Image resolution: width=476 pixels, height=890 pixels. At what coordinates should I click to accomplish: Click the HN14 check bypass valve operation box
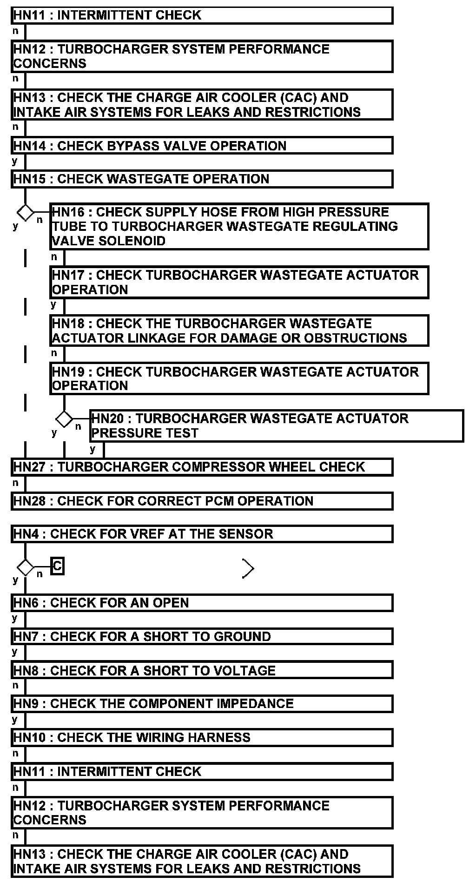pyautogui.click(x=202, y=146)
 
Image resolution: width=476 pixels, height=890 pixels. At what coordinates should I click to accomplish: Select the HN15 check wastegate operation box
pyautogui.click(x=202, y=179)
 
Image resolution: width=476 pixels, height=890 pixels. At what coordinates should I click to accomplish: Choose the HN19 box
pyautogui.click(x=239, y=379)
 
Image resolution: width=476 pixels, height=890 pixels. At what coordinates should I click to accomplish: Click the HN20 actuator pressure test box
pyautogui.click(x=277, y=426)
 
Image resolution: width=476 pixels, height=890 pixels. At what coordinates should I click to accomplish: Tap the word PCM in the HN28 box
pyautogui.click(x=196, y=501)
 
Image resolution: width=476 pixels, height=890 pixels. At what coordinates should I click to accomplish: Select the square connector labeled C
pyautogui.click(x=57, y=566)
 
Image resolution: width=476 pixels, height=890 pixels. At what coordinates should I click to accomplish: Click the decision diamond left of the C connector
pyautogui.click(x=25, y=567)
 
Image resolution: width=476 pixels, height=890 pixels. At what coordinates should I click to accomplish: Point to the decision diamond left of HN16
pyautogui.click(x=25, y=213)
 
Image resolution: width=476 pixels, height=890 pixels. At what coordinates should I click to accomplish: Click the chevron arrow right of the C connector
pyautogui.click(x=248, y=568)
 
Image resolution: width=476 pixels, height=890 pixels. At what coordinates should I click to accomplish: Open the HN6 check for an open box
pyautogui.click(x=202, y=603)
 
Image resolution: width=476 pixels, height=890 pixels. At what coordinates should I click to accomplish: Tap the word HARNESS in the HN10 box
pyautogui.click(x=218, y=738)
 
